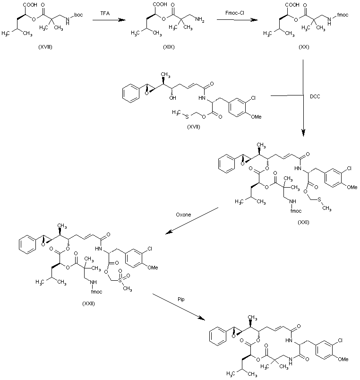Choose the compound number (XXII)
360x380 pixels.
[x=88, y=303]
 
